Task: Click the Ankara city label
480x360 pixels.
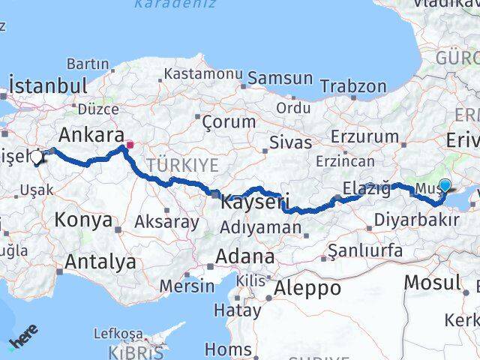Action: pos(91,135)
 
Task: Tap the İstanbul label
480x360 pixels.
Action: pos(47,84)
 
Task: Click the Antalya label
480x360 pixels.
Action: pos(100,262)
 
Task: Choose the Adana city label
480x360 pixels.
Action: pos(244,256)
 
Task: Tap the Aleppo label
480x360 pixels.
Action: pos(307,288)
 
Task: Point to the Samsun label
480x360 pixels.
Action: pos(280,77)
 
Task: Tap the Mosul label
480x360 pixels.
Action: pos(431,283)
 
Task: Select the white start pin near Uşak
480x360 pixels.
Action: pos(37,157)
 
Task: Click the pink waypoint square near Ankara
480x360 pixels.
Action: pos(129,145)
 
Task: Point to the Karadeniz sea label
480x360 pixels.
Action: pos(174,4)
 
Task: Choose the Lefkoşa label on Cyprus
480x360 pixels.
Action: pos(118,333)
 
